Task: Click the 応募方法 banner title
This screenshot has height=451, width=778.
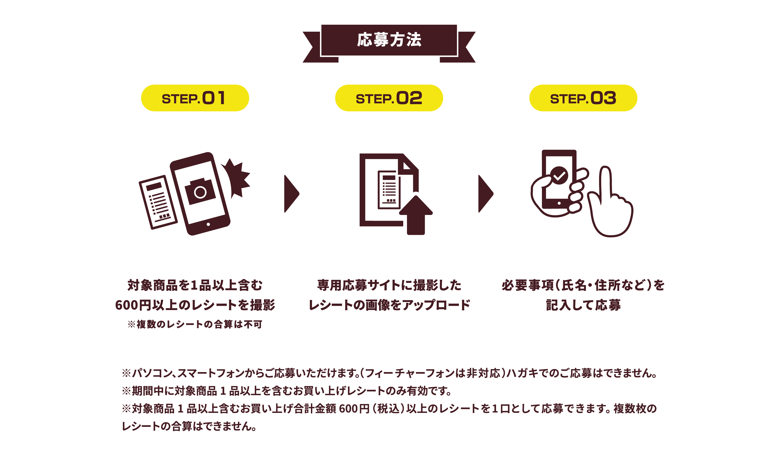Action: tap(389, 40)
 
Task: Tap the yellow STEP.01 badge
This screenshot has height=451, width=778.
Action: tap(195, 98)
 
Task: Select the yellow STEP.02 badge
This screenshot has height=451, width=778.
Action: tap(389, 98)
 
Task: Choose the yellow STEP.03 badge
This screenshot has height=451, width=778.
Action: tap(583, 98)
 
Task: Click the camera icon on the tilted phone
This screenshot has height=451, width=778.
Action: tap(200, 191)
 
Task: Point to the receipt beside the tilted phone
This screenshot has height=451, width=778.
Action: tap(158, 202)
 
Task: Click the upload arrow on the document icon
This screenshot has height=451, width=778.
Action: tap(416, 215)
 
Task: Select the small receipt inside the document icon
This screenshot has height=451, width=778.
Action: tap(389, 190)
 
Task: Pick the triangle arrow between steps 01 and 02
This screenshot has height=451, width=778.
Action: tap(291, 194)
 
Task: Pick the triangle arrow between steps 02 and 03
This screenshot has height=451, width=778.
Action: tap(486, 194)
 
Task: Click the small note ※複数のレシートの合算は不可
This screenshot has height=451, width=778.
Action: tap(195, 324)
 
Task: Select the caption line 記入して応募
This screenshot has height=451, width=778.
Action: tap(583, 305)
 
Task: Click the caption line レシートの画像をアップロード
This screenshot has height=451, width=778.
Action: tap(389, 305)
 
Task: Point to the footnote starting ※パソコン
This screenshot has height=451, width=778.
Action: tap(389, 373)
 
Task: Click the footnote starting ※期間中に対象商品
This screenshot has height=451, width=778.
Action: tap(287, 391)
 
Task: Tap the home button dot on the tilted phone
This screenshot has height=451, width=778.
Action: tap(208, 224)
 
